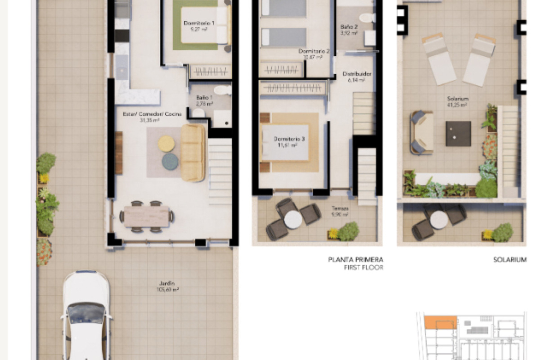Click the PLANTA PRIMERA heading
coord(355,260)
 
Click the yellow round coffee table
coord(166,144)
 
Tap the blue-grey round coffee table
coord(170,161)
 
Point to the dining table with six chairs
coord(147,216)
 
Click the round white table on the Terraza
coord(293,219)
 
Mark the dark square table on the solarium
coord(458,134)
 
